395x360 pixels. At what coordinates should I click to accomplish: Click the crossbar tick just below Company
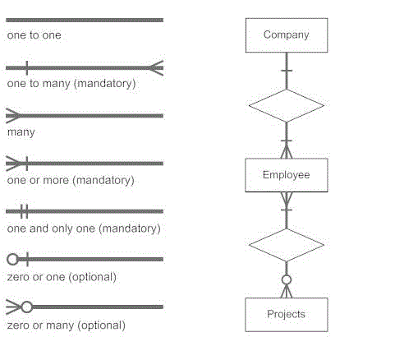tap(287, 71)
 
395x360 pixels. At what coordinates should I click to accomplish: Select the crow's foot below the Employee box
tap(287, 199)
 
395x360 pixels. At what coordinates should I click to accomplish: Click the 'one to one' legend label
tap(34, 35)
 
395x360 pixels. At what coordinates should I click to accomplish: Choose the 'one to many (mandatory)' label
tap(71, 84)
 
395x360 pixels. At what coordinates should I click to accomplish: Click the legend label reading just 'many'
tap(21, 132)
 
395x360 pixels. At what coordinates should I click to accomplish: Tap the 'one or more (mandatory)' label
tap(71, 181)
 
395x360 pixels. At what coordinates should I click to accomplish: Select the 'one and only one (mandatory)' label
tap(84, 228)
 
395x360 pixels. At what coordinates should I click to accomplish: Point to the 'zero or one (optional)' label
tap(62, 277)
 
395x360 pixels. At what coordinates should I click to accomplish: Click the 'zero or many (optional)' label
tap(67, 325)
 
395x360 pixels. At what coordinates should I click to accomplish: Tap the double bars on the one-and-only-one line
tap(24, 211)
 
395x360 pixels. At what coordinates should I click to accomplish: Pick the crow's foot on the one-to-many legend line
tap(155, 68)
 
